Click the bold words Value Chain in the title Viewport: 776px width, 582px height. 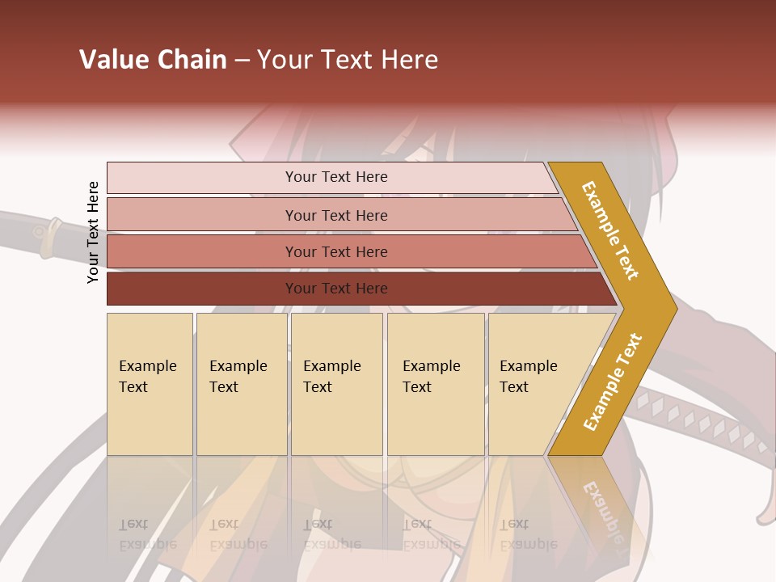[153, 60]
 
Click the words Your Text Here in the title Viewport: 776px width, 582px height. [348, 60]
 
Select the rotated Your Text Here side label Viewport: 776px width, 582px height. [93, 232]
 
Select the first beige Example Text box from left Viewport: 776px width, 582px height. [150, 384]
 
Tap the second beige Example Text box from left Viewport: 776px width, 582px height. [241, 384]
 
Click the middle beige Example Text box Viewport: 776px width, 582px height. [336, 384]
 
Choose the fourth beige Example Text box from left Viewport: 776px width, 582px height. [435, 384]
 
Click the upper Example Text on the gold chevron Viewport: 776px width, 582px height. [610, 230]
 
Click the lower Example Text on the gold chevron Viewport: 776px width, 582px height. [612, 382]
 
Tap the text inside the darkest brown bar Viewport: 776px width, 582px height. [336, 289]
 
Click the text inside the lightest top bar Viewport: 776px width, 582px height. [336, 177]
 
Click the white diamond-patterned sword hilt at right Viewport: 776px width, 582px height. [695, 420]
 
